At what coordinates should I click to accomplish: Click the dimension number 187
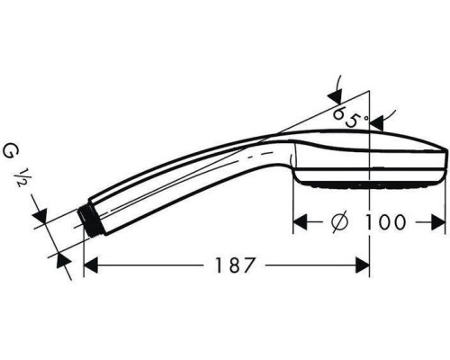click(x=229, y=265)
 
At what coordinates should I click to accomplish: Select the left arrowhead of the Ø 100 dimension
click(x=302, y=221)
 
